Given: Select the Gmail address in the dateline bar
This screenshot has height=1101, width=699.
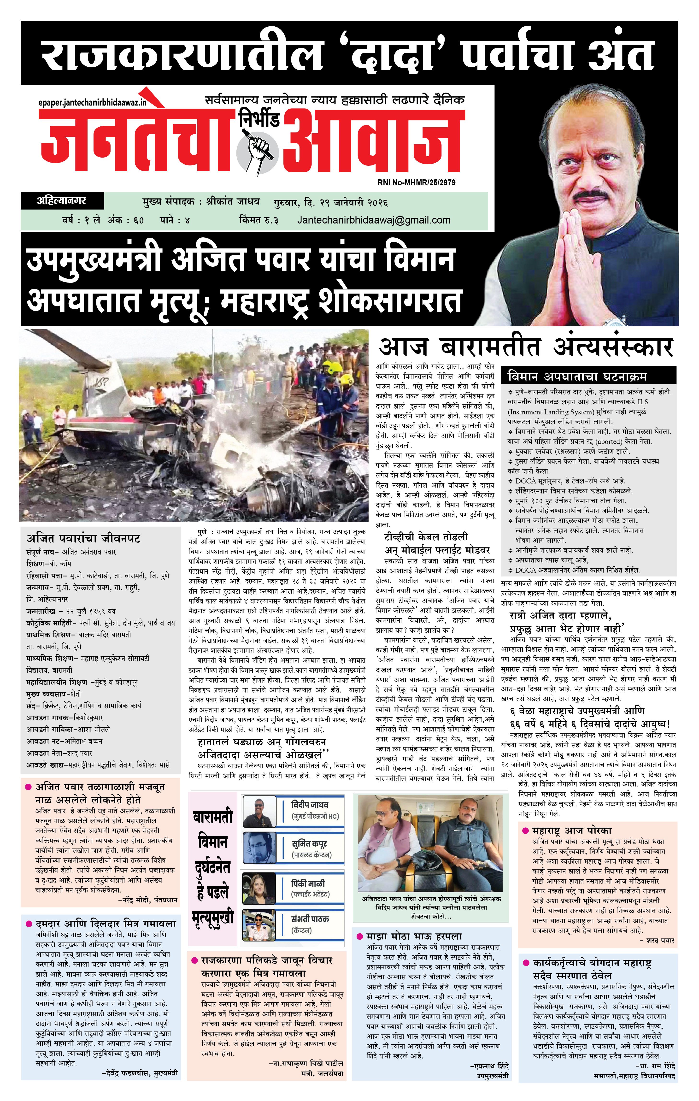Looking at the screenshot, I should (374, 220).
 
